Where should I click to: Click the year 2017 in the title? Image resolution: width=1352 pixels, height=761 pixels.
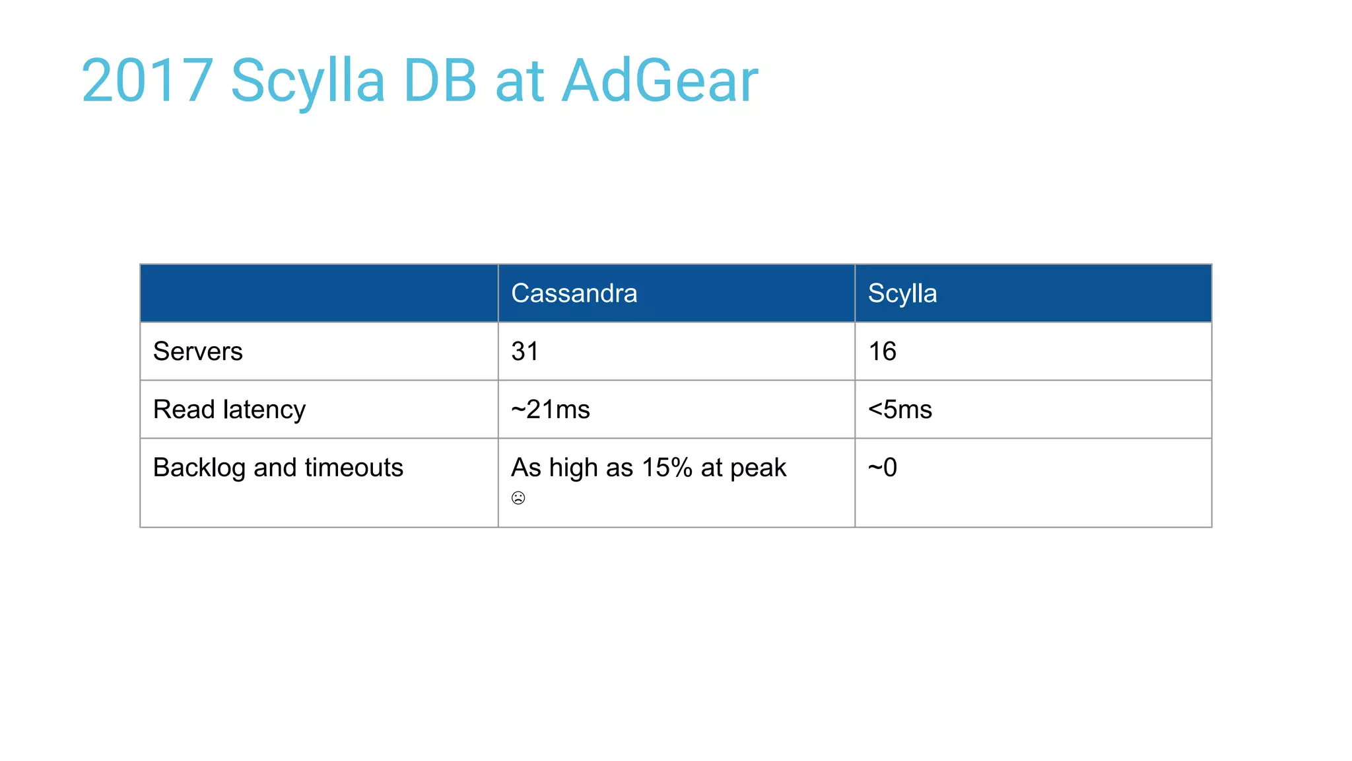click(x=147, y=81)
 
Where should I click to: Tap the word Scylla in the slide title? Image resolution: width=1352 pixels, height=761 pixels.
click(x=308, y=81)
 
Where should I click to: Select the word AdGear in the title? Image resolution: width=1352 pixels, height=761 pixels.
click(x=659, y=81)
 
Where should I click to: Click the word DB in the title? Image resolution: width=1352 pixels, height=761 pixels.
click(x=440, y=81)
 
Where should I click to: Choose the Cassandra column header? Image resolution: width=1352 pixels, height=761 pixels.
click(x=574, y=293)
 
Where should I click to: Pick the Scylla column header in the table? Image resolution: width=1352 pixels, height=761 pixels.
click(x=902, y=293)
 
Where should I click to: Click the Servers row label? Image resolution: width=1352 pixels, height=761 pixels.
click(x=197, y=351)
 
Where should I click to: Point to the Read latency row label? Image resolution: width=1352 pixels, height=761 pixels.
click(x=229, y=410)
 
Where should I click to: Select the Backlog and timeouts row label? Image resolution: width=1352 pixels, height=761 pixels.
click(x=277, y=468)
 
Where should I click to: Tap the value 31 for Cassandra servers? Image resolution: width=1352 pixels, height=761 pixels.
click(x=525, y=351)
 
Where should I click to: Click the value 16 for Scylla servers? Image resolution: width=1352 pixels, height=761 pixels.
click(x=882, y=351)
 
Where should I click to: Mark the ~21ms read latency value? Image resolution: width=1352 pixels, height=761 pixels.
click(x=550, y=410)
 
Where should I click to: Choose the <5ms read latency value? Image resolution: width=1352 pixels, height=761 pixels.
click(x=900, y=410)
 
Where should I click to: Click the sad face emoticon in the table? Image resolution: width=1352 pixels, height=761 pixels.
click(x=518, y=498)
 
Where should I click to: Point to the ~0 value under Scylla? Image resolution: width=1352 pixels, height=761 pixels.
click(x=882, y=468)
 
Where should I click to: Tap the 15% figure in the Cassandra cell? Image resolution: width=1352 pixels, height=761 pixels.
click(x=667, y=468)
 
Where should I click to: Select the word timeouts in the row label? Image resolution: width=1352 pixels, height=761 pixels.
click(x=353, y=468)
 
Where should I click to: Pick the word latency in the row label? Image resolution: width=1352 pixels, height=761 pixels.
click(x=264, y=410)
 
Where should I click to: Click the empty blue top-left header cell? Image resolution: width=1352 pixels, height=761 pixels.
click(x=319, y=293)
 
